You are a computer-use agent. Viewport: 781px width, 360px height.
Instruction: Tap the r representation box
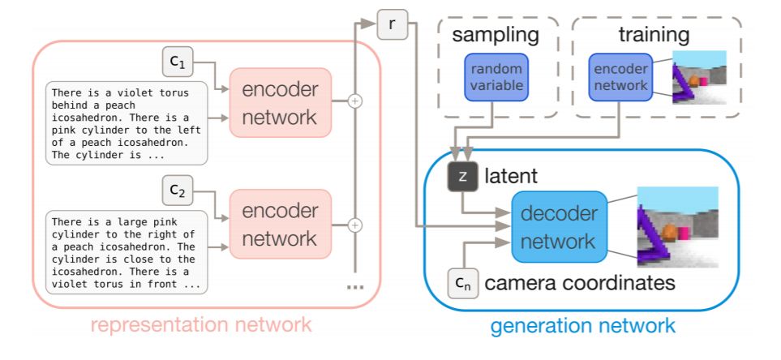point(393,25)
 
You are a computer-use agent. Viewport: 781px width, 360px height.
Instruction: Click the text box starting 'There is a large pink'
point(127,251)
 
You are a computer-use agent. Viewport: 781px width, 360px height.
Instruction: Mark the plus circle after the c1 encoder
point(354,101)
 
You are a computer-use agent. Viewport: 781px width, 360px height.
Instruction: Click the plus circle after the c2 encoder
point(354,225)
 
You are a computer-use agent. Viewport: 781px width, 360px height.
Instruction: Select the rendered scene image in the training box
point(699,78)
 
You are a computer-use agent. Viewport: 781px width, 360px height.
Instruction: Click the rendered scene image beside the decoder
point(677,226)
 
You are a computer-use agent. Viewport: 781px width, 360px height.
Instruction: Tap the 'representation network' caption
point(200,326)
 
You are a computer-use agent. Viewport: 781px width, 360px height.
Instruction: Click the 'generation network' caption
point(581,326)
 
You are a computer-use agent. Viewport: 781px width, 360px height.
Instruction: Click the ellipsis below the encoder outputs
point(354,287)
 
